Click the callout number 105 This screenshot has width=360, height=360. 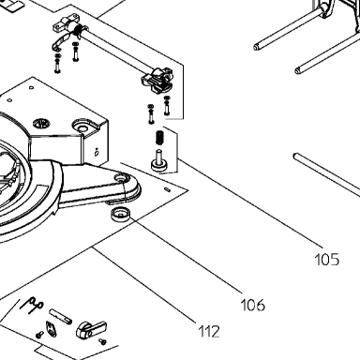click(x=326, y=260)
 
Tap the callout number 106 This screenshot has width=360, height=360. click(x=253, y=305)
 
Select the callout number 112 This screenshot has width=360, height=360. click(x=209, y=331)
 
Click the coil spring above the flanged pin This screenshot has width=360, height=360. click(x=159, y=137)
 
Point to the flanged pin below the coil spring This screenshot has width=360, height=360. click(x=159, y=161)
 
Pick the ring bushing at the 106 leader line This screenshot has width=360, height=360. click(x=120, y=214)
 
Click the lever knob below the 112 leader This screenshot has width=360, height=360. click(x=91, y=330)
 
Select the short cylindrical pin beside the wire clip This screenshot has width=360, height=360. click(x=60, y=316)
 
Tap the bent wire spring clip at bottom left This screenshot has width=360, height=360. click(x=32, y=304)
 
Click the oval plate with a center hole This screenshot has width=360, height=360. click(x=51, y=328)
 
